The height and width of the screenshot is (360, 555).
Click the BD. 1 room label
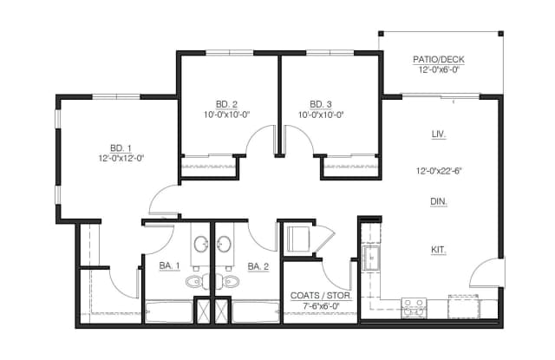point(121,147)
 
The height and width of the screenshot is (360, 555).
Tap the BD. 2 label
point(226,104)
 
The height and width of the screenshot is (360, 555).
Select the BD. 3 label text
point(321,104)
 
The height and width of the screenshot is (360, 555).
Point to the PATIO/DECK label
point(439,60)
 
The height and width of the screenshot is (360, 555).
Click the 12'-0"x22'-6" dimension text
point(439,171)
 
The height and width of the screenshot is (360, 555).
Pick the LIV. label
point(439,134)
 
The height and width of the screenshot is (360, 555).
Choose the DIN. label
point(439,202)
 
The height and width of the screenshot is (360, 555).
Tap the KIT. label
point(439,250)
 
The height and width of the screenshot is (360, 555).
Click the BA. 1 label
point(170,265)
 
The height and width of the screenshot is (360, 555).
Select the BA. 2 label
point(258,266)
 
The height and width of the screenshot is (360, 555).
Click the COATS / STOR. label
point(321,296)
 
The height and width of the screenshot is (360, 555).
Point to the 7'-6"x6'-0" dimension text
point(321,306)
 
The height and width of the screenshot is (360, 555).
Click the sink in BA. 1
point(201,244)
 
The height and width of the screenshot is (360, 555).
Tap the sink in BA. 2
point(224,244)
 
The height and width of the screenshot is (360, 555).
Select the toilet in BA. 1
point(194,282)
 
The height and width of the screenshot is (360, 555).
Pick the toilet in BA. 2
point(231,282)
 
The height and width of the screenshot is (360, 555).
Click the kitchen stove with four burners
point(415,308)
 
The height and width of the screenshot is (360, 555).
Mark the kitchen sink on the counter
point(371,259)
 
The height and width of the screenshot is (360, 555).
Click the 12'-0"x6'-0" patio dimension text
point(439,69)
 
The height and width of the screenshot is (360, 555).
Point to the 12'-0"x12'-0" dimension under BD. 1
point(121,158)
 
